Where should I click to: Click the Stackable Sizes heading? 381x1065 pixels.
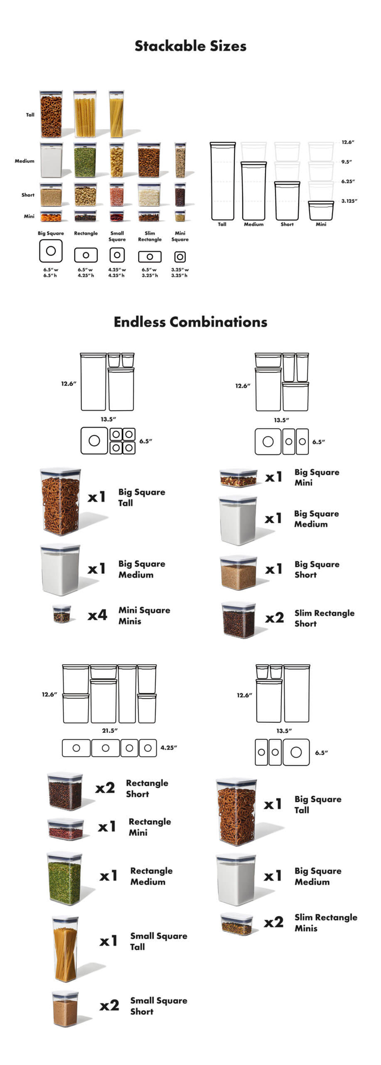click(x=190, y=46)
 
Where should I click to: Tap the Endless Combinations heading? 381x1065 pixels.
click(x=190, y=322)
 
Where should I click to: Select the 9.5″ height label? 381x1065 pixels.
click(x=346, y=162)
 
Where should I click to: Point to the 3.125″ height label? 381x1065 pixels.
click(x=349, y=201)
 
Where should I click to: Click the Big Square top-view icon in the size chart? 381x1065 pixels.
click(x=51, y=251)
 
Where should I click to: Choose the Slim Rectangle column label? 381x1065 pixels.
click(x=150, y=236)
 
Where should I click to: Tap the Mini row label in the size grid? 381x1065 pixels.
click(x=29, y=216)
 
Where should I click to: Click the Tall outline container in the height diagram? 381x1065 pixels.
click(x=223, y=181)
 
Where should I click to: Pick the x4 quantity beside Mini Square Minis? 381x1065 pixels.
click(x=98, y=615)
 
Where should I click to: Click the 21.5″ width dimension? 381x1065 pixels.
click(x=110, y=730)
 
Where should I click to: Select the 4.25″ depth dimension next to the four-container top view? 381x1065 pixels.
click(x=168, y=748)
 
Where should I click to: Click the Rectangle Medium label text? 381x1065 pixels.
click(x=151, y=876)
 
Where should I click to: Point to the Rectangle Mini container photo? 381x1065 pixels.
click(x=66, y=829)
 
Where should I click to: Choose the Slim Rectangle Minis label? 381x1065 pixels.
click(x=325, y=922)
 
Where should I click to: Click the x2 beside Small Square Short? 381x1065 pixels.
click(x=109, y=1005)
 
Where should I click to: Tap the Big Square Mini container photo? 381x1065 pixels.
click(x=238, y=478)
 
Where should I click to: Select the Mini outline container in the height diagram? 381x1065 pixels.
click(x=321, y=211)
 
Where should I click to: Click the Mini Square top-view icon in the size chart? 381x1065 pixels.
click(x=180, y=257)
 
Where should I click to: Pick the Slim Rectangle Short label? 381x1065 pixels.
click(x=324, y=618)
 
